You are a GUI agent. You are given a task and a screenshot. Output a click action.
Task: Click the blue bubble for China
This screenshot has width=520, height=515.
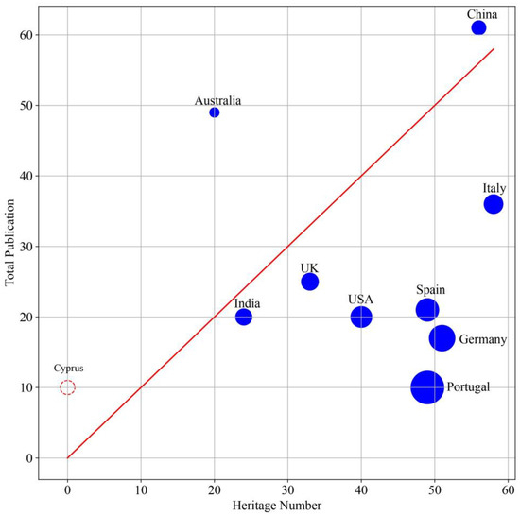click(478, 28)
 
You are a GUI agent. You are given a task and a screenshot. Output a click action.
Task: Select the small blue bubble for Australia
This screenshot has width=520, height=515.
click(215, 112)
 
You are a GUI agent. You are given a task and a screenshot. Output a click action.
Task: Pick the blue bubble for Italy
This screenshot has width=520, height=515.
click(494, 204)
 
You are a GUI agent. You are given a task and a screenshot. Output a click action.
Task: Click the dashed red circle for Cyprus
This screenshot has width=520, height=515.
click(67, 387)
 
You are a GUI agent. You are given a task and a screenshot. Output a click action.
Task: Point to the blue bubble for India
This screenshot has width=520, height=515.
click(244, 317)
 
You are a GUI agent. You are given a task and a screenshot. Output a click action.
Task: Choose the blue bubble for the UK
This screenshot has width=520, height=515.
click(310, 282)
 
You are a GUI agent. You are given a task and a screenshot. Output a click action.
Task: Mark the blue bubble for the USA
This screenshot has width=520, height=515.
click(361, 317)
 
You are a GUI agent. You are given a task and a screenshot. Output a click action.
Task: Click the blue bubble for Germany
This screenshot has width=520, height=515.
click(442, 338)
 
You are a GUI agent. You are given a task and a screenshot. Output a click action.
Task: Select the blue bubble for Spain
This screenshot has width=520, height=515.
click(427, 310)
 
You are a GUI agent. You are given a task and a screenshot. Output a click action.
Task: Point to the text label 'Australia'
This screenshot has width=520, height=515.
click(218, 100)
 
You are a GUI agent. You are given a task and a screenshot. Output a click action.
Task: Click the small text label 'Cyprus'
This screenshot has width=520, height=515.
click(67, 369)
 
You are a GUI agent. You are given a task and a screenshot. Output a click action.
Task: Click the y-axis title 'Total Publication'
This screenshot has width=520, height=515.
click(10, 249)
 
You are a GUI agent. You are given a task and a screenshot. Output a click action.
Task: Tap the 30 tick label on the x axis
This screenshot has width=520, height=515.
click(287, 491)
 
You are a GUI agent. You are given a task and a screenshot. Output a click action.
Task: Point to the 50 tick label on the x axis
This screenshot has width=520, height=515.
click(435, 491)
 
